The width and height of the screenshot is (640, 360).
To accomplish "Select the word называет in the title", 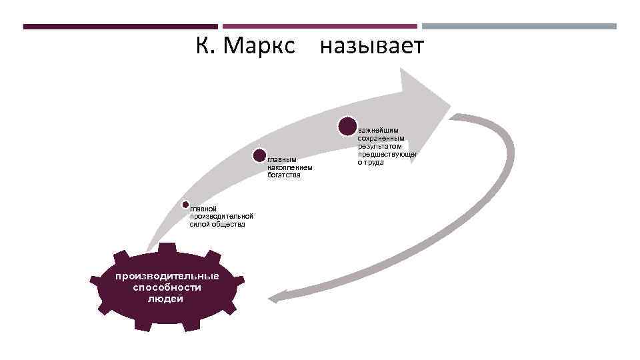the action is click(x=371, y=47).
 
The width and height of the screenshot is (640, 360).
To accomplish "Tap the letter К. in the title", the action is click(x=204, y=47).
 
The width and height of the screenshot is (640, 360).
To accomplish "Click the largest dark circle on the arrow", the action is click(x=347, y=126).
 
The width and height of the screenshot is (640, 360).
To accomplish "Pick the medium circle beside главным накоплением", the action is click(x=259, y=156).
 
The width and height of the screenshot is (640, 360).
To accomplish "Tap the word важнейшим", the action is click(x=376, y=131).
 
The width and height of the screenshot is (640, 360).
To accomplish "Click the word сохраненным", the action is click(x=381, y=139).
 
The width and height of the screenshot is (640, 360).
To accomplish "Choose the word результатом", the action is click(x=379, y=147).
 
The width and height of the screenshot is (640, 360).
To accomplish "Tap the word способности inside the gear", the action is click(x=167, y=287).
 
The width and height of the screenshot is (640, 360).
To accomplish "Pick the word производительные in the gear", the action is click(x=166, y=276).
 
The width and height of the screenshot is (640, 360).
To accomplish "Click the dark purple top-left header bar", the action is click(x=120, y=27).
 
